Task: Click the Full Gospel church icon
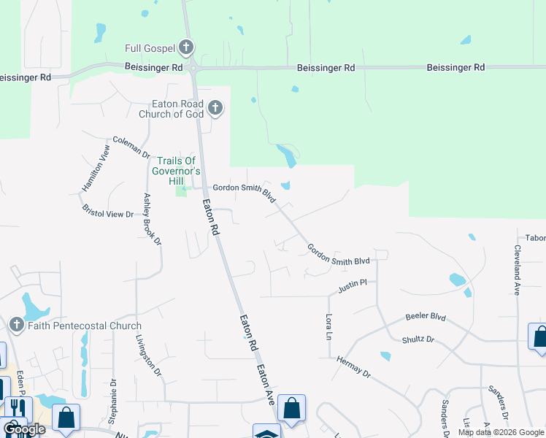click(186, 48)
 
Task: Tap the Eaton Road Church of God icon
click(215, 109)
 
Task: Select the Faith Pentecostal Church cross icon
click(17, 325)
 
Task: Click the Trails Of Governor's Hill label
click(175, 166)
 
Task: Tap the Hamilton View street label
click(96, 168)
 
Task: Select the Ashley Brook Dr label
click(152, 219)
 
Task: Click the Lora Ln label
click(328, 327)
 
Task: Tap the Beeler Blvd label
click(425, 318)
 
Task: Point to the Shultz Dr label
click(418, 340)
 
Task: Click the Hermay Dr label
click(354, 366)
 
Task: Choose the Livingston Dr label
click(148, 356)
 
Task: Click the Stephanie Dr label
click(112, 401)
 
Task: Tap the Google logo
click(23, 429)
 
